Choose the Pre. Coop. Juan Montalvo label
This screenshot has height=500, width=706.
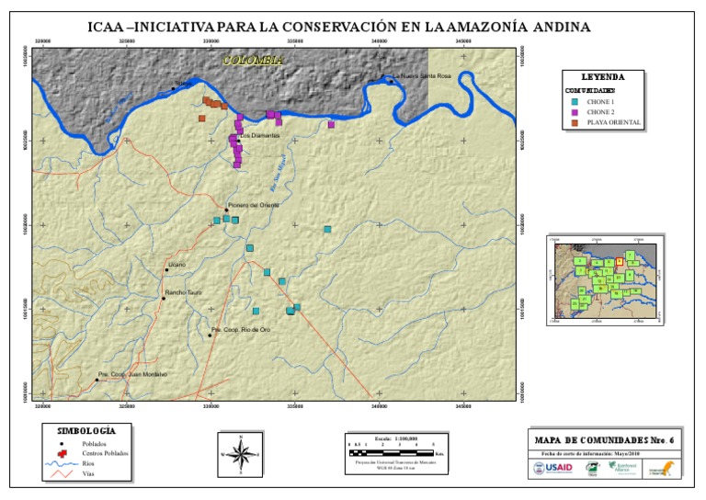tap(133, 374)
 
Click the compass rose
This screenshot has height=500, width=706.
tap(241, 453)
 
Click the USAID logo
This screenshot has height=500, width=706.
tap(552, 468)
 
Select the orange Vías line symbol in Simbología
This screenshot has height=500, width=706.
tap(60, 474)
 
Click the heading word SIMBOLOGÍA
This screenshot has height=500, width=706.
tap(86, 430)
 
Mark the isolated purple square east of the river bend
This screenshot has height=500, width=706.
tap(331, 124)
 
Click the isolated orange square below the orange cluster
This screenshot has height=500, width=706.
tap(201, 119)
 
